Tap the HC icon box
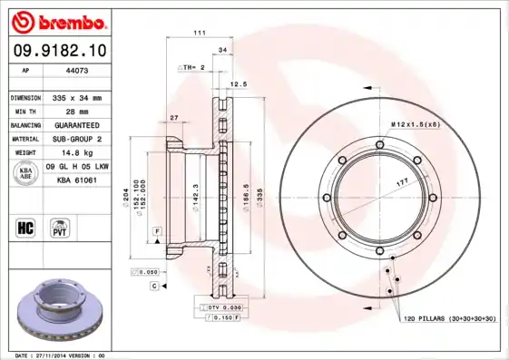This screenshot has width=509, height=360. (26, 226)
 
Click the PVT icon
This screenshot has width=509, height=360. (59, 226)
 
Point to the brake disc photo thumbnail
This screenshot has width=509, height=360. (62, 312)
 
